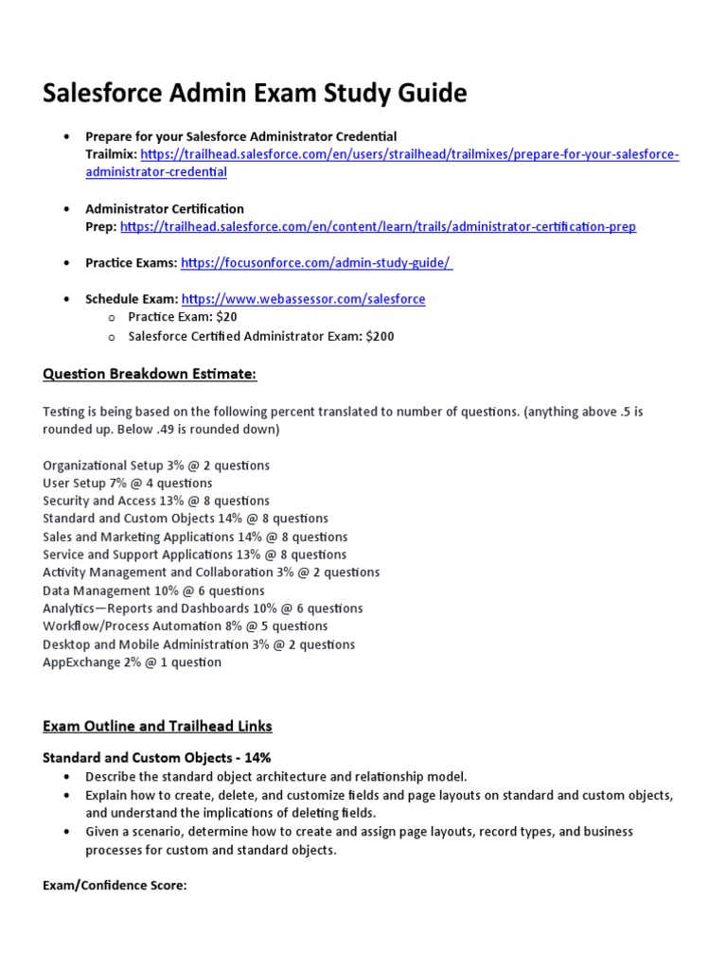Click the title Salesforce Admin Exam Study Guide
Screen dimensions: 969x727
pos(255,94)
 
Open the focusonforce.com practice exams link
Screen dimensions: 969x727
pos(316,263)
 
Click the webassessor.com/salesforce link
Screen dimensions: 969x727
pos(303,299)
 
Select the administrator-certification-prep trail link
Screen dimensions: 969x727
pos(379,226)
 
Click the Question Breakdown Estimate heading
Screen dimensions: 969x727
pos(150,375)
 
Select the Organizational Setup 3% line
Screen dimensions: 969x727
pos(156,466)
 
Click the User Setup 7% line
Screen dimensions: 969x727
pos(128,484)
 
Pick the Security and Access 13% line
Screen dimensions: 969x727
pos(156,501)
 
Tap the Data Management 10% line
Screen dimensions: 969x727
pos(153,590)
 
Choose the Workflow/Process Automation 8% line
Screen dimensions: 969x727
pos(186,626)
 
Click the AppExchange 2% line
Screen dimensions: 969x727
pos(132,662)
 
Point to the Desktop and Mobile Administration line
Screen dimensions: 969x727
pos(199,644)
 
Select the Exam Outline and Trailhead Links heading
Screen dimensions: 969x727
pos(157,726)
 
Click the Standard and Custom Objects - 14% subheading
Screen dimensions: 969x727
pos(157,758)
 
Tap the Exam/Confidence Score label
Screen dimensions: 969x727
pos(115,886)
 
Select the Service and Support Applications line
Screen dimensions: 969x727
pos(194,555)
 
